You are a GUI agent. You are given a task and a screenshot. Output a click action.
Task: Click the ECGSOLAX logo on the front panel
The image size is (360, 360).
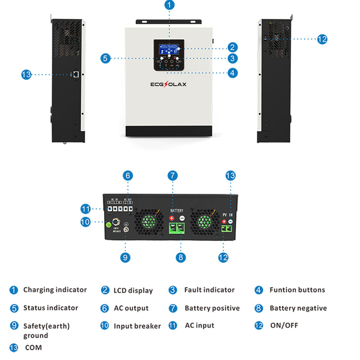coord(168,84)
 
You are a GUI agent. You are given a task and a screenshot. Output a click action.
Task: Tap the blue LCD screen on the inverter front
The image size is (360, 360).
coord(169,48)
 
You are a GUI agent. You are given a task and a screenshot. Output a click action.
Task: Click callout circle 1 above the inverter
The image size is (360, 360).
coord(169,5)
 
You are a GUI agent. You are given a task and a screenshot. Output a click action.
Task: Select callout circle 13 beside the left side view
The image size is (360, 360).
coord(27,74)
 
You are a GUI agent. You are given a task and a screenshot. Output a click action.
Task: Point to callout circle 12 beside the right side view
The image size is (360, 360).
coord(322,39)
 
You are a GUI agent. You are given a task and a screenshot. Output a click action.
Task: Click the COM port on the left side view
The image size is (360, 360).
coord(77,73)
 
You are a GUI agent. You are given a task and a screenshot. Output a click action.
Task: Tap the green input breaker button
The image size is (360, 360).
coord(108,224)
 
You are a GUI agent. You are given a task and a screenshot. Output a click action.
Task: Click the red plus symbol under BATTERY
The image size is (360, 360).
coord(171,218)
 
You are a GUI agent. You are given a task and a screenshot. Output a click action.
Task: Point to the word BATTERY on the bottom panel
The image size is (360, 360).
coord(177,211)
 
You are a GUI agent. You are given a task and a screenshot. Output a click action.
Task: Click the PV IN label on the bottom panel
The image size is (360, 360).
coord(227,215)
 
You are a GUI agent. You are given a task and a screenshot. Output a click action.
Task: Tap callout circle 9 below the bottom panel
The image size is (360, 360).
coord(126,257)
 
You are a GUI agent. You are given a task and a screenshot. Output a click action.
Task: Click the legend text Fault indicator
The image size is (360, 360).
coord(209,290)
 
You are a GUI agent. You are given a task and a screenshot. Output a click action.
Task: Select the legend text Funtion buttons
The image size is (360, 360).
coord(297,290)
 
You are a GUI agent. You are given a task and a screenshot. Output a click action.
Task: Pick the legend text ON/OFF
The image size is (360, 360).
coord(284,325)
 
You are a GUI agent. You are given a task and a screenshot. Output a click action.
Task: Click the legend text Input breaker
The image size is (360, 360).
coord(137,326)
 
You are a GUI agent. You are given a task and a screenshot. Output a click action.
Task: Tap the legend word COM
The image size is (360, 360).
coord(33,347)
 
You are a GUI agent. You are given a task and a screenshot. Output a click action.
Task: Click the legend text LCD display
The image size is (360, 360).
coord(133,291)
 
